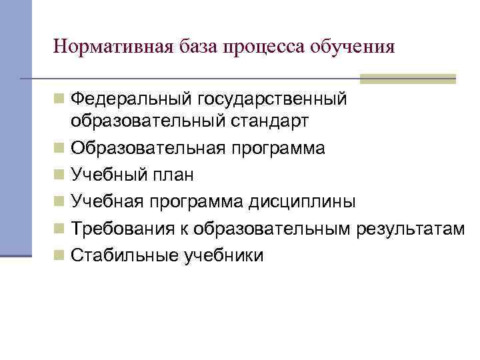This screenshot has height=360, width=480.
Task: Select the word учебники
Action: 223,255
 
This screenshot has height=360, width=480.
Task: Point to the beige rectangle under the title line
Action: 407,79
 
